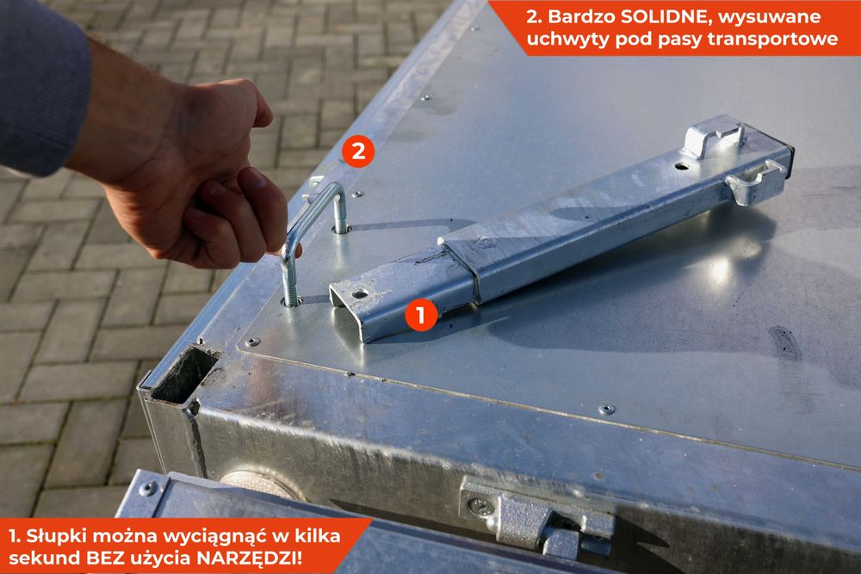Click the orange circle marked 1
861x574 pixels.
[421, 315]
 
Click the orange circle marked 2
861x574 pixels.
[358, 151]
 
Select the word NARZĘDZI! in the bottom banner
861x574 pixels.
[250, 558]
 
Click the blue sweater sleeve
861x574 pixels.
[41, 88]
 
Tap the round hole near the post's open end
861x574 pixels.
[360, 293]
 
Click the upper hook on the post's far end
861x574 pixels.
[714, 137]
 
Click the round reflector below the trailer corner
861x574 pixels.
[263, 483]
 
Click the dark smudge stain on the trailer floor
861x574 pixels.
[786, 343]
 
